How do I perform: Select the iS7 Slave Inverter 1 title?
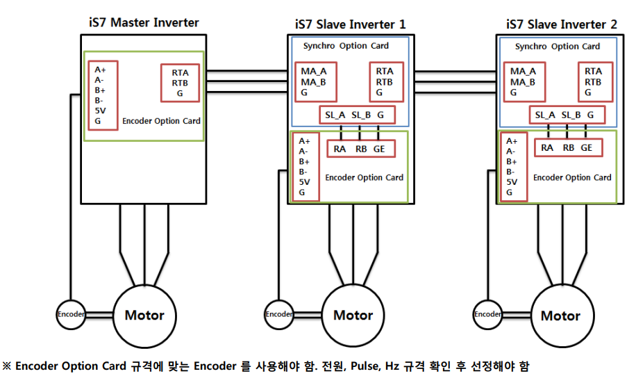click(347, 24)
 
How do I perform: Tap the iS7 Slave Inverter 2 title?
click(560, 24)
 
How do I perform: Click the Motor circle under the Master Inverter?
click(144, 316)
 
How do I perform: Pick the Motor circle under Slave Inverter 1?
click(353, 316)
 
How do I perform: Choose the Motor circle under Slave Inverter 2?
click(560, 316)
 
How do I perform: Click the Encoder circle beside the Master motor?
click(70, 314)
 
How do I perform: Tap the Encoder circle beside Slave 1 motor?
click(279, 314)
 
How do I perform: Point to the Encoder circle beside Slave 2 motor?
click(487, 314)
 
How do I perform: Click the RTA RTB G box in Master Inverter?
click(180, 82)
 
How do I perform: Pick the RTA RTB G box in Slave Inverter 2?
click(594, 82)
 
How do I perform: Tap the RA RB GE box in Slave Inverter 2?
click(567, 147)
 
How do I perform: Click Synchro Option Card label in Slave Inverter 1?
click(346, 47)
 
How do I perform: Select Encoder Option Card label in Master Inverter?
click(161, 121)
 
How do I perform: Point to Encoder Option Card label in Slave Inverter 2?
click(572, 177)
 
